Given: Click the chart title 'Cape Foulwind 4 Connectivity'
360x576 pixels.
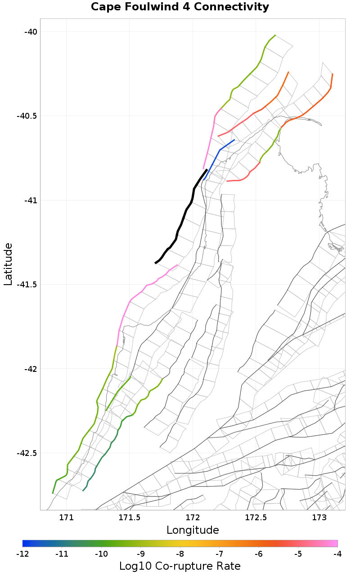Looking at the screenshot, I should [x=180, y=7].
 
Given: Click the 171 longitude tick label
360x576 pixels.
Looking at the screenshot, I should [x=67, y=518].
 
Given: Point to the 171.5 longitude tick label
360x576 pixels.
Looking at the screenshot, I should [x=130, y=518].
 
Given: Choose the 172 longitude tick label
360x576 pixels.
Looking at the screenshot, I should [x=193, y=518].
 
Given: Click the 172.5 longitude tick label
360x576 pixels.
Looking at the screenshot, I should [x=256, y=518].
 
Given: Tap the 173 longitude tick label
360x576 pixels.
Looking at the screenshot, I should [x=319, y=518].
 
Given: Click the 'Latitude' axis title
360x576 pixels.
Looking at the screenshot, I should [x=8, y=264].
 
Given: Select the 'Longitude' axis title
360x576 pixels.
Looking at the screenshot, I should [x=193, y=530].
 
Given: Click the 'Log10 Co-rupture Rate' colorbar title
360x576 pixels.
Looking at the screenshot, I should [x=180, y=566].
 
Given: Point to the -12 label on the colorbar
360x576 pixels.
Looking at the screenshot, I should [x=22, y=554].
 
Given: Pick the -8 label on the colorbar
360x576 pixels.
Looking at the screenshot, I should [x=180, y=554].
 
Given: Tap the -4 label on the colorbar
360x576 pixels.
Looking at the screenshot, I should [x=337, y=554].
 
